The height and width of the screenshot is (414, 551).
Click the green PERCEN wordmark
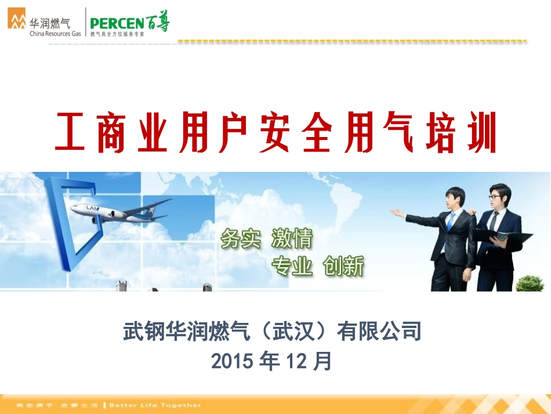click(x=117, y=24)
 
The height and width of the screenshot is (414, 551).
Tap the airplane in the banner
click(x=119, y=210)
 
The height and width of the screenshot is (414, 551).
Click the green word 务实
click(x=240, y=239)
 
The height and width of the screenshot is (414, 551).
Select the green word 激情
click(x=292, y=239)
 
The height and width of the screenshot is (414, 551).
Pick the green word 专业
click(x=292, y=267)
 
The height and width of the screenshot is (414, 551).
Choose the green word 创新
click(x=344, y=267)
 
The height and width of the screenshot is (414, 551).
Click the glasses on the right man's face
click(x=495, y=197)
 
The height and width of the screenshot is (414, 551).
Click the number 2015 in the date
click(x=233, y=361)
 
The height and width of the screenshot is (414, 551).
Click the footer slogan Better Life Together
click(x=155, y=405)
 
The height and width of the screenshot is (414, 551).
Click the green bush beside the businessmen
click(x=529, y=283)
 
